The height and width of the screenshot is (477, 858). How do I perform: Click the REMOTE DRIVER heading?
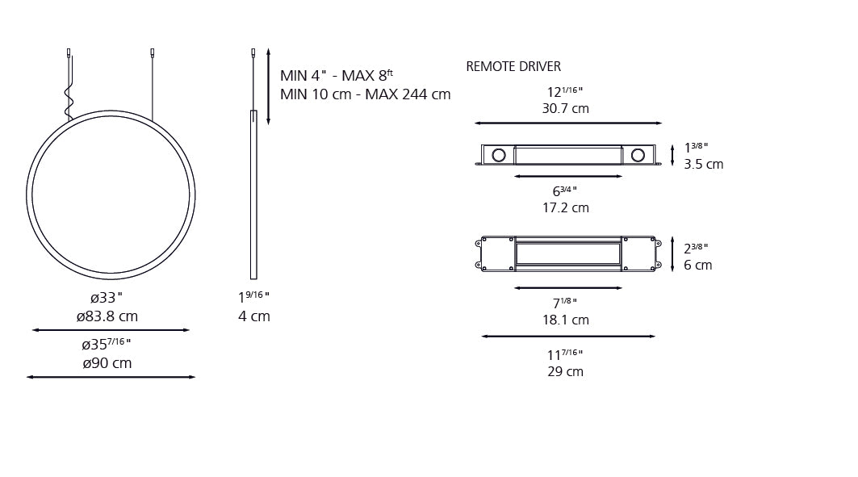click(513, 67)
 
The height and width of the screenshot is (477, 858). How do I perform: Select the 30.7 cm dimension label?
click(565, 108)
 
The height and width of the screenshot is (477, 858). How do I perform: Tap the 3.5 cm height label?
click(703, 165)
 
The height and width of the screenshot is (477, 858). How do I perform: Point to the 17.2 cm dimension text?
click(565, 208)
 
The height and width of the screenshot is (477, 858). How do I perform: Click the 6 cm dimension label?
click(697, 266)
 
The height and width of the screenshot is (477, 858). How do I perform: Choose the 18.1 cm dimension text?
click(565, 320)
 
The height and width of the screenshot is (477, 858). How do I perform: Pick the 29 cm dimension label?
click(565, 372)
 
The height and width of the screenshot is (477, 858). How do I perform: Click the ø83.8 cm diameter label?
click(107, 316)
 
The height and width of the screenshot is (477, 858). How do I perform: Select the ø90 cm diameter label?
click(107, 363)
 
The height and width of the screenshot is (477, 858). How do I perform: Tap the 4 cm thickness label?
click(253, 316)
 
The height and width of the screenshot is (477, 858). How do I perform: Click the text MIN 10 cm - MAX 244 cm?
click(365, 94)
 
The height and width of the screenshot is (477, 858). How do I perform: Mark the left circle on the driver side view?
click(499, 154)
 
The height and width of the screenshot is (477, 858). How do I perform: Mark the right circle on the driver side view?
click(638, 154)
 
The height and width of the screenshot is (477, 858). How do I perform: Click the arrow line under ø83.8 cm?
click(111, 330)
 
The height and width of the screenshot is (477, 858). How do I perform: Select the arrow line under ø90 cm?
click(111, 377)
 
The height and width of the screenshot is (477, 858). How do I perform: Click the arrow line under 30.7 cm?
click(568, 123)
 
